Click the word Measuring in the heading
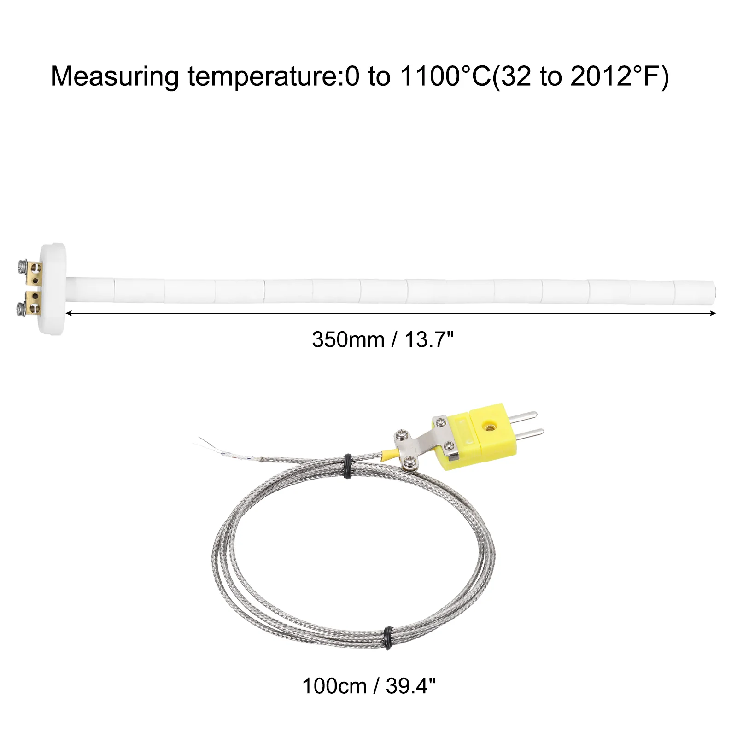(x=115, y=76)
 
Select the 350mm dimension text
(x=348, y=340)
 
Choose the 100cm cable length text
(x=334, y=686)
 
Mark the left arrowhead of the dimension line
(x=69, y=313)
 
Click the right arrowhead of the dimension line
(x=713, y=313)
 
